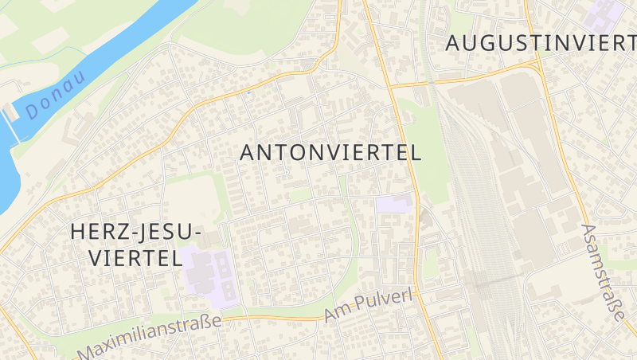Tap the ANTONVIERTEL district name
[x=330, y=153]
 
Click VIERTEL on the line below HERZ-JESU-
[x=134, y=257]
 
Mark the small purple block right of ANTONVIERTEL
[x=395, y=203]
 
